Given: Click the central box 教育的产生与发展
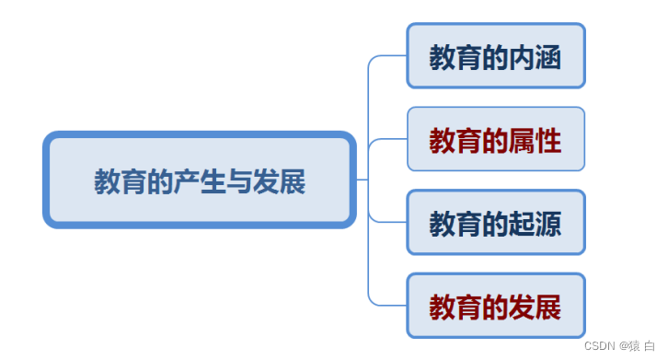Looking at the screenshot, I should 199,180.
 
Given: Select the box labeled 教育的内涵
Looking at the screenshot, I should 495,56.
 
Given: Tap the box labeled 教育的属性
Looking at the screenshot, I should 495,140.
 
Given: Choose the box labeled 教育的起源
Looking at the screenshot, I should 495,223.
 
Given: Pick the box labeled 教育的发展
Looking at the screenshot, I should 495,306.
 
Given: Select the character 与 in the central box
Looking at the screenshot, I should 239,181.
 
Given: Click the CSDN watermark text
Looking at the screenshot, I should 599,344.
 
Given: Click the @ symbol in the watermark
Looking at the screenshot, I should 622,344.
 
